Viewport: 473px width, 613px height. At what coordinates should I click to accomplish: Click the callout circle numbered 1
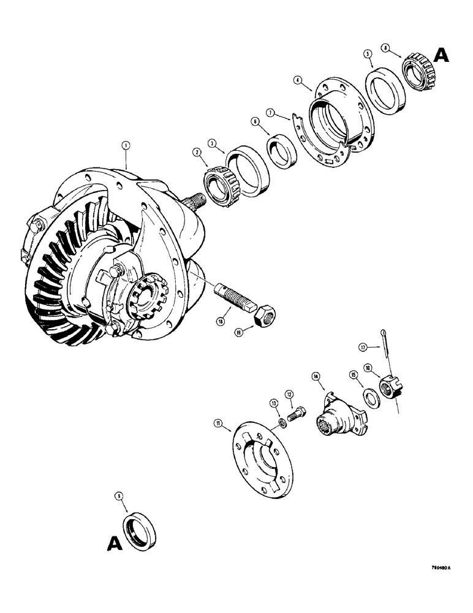click(126, 145)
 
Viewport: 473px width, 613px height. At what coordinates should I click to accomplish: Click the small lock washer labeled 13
click(283, 423)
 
